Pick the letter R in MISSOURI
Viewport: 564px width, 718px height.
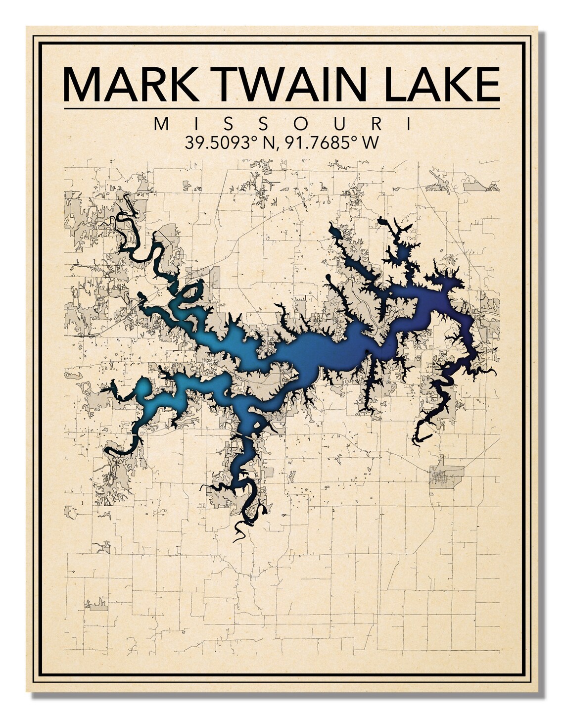(376, 124)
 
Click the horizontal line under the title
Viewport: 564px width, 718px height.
(282, 108)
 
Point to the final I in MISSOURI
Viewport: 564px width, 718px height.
(409, 124)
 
